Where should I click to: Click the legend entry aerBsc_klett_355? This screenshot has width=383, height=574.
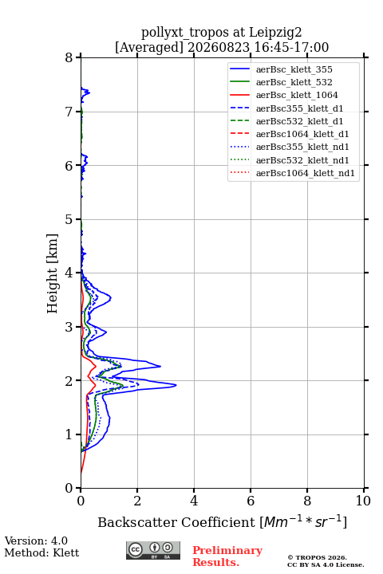pos(294,69)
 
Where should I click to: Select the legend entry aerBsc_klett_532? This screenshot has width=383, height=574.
pos(294,82)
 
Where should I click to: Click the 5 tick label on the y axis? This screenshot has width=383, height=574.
pos(69,219)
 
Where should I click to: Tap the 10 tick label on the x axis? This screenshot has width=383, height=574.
pos(363,501)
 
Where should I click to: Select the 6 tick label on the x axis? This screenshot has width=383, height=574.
pos(251,501)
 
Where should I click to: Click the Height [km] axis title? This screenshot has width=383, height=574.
pos(52,273)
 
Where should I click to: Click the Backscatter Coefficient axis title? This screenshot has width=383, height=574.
pos(222,521)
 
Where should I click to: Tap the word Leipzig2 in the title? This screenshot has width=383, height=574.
pos(275,33)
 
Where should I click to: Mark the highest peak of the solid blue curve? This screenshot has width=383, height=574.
pos(176,385)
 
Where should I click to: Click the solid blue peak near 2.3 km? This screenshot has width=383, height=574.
pos(160,366)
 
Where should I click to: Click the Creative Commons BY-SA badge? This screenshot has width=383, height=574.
pos(153,550)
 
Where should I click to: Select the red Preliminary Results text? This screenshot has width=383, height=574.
pos(227,556)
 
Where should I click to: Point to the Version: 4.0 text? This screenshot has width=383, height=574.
pos(36,541)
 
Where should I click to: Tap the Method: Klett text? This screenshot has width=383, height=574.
pos(41,552)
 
